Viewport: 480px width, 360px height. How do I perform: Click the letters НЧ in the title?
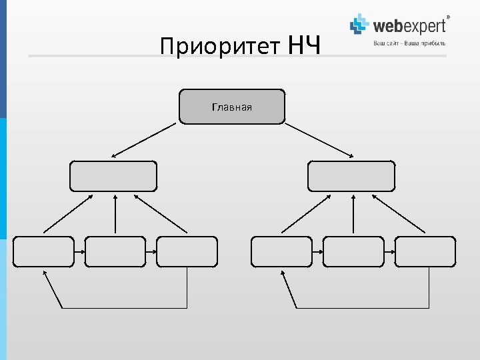pyautogui.click(x=305, y=45)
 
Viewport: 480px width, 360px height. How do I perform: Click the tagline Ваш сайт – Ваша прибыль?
pyautogui.click(x=409, y=43)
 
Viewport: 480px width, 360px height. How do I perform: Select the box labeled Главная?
pyautogui.click(x=231, y=107)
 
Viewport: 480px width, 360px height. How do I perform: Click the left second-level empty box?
pyautogui.click(x=113, y=176)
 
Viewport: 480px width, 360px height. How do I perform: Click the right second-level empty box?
pyautogui.click(x=351, y=176)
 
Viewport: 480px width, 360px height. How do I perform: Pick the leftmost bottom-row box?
pyautogui.click(x=43, y=251)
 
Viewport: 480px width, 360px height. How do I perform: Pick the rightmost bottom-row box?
pyautogui.click(x=425, y=251)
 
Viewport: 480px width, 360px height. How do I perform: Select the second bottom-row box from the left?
pyautogui.click(x=115, y=251)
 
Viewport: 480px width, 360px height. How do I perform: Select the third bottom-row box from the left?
pyautogui.click(x=187, y=251)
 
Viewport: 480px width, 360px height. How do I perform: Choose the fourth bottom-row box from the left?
pyautogui.click(x=281, y=251)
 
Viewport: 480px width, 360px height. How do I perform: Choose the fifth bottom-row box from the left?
pyautogui.click(x=353, y=251)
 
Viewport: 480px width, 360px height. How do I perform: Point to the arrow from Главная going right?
pyautogui.click(x=319, y=140)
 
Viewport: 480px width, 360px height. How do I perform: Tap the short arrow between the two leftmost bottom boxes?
pyautogui.click(x=79, y=252)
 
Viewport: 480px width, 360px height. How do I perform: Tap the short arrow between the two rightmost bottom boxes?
pyautogui.click(x=389, y=252)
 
